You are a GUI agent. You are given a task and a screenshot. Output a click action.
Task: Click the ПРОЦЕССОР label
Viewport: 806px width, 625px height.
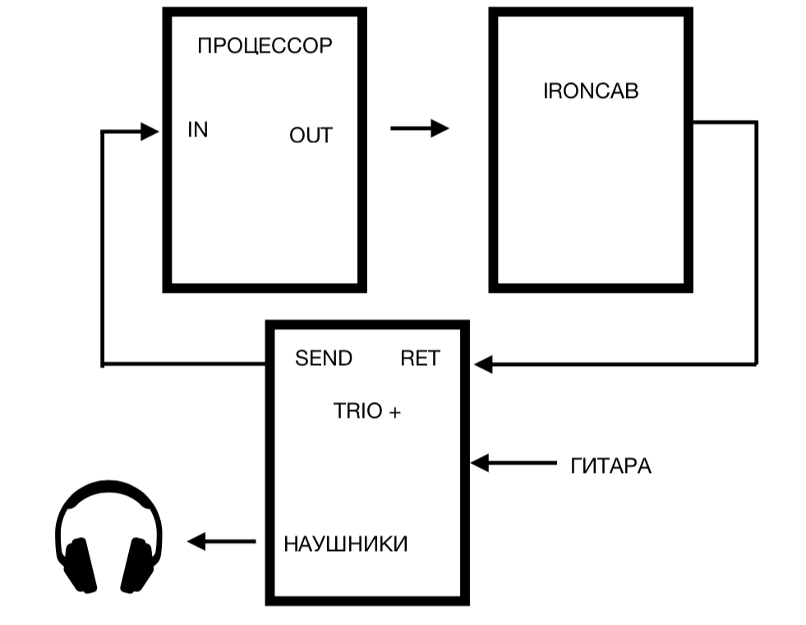pos(265,46)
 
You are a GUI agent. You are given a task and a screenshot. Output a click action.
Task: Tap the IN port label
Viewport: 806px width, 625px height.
pos(198,130)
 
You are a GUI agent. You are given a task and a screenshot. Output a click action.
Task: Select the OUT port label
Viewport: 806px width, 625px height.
pos(311,136)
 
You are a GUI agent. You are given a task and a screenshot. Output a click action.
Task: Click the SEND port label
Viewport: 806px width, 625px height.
pos(324,359)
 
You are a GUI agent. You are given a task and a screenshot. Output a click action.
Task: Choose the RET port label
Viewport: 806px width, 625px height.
pos(420,359)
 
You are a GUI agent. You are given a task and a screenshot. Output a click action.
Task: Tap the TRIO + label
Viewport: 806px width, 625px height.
pos(367,411)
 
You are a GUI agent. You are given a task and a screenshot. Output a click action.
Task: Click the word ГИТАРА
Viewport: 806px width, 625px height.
pos(610,467)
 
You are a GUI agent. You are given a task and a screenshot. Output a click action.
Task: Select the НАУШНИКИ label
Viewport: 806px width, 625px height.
pos(345,544)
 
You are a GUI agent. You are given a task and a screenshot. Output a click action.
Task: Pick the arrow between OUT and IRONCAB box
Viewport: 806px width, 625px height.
pos(419,128)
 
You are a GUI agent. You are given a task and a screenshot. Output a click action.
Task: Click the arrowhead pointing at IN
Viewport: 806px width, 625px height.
pos(150,131)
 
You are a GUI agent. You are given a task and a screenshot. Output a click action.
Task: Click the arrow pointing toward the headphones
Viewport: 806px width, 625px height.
pos(221,541)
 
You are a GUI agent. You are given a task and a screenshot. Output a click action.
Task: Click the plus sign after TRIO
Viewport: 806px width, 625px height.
pos(394,413)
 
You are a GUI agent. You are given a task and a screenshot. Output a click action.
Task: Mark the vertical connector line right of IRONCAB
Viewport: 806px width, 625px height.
pos(755,243)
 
